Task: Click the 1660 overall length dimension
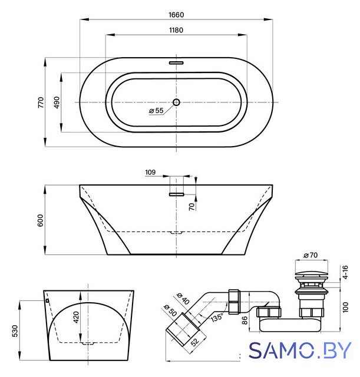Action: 176,15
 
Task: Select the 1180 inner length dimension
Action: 176,30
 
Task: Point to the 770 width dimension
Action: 41,102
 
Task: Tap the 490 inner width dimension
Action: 57,102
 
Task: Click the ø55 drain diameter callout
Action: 156,111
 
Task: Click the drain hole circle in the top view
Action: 176,102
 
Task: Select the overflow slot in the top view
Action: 176,63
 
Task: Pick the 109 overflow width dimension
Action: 150,172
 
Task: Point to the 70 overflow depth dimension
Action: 191,207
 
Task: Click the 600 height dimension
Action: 41,220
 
